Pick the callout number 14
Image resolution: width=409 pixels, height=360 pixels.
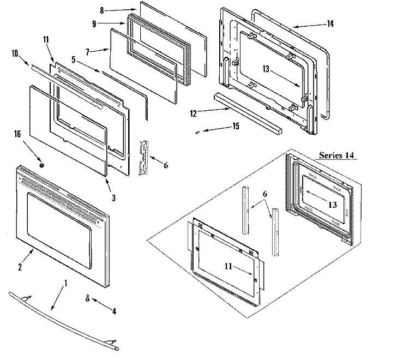[330, 23]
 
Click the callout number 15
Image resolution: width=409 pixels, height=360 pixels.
[235, 127]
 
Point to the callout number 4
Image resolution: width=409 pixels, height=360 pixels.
[114, 313]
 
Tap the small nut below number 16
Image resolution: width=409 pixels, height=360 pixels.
[42, 164]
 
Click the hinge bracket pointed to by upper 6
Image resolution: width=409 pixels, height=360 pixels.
[145, 157]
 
